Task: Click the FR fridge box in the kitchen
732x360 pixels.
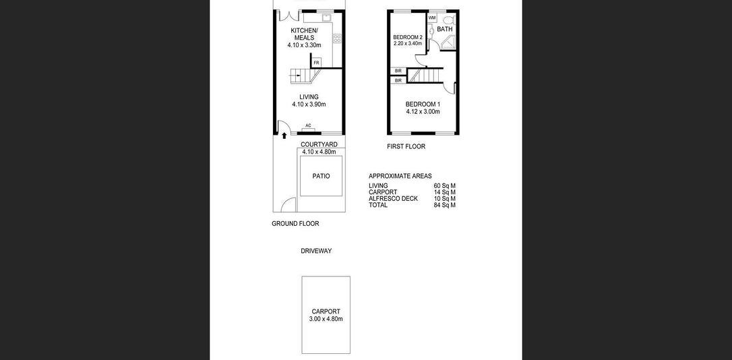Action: pos(317,63)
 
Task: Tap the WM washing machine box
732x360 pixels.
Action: pos(432,18)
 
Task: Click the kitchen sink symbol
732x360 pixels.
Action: pos(326,18)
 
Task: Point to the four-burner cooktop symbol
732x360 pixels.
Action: pos(337,38)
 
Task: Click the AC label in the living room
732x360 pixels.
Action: pos(308,125)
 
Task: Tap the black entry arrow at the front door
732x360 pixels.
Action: pos(284,136)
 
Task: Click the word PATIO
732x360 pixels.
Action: pos(322,176)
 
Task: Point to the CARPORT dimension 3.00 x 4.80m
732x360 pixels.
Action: pos(326,319)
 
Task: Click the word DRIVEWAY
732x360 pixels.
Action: pos(316,251)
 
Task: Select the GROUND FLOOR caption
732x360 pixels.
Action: pos(295,224)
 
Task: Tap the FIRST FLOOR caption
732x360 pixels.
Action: pos(406,146)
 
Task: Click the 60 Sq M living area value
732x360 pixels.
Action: pos(444,186)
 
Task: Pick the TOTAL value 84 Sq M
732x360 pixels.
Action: pos(444,205)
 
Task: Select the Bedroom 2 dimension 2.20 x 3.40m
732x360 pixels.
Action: pos(408,43)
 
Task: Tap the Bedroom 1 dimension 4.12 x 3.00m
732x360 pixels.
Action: pos(423,112)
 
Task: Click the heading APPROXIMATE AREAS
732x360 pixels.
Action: pos(400,176)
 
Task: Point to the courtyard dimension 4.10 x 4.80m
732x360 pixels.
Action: pos(319,152)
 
